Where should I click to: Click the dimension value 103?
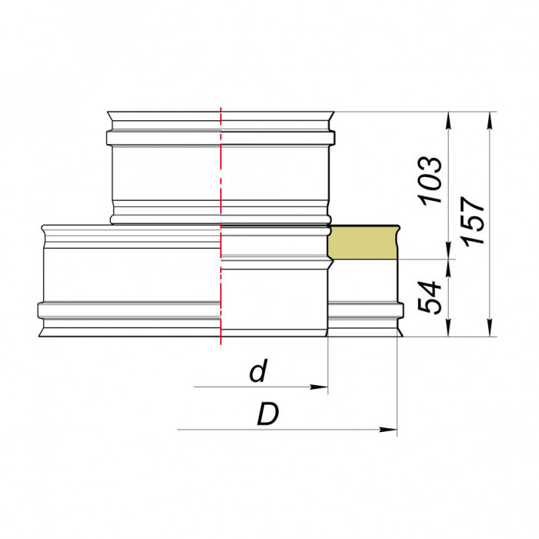click(x=432, y=180)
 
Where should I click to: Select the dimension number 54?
click(x=432, y=297)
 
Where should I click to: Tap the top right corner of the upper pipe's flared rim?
click(x=333, y=112)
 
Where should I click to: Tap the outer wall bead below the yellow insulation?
click(x=364, y=310)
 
